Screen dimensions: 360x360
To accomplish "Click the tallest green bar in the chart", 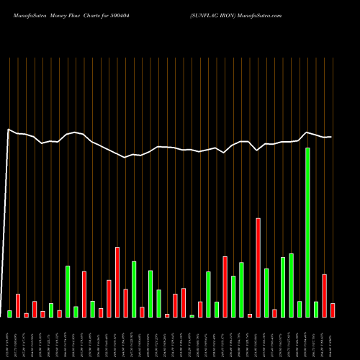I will point(307,233).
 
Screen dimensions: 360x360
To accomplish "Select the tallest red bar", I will point(258,267).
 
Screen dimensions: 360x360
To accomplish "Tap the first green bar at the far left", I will point(10,314).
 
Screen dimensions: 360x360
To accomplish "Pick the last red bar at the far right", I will point(333,310).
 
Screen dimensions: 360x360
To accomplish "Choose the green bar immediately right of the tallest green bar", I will point(316,309).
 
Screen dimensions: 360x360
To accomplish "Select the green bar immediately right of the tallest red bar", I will point(266,292).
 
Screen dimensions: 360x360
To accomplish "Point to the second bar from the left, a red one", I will point(18,305).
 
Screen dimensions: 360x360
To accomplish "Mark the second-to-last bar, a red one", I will point(325,295).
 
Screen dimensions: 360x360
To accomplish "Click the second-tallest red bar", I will point(117,282).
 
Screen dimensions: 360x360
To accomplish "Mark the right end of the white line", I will point(331,137).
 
